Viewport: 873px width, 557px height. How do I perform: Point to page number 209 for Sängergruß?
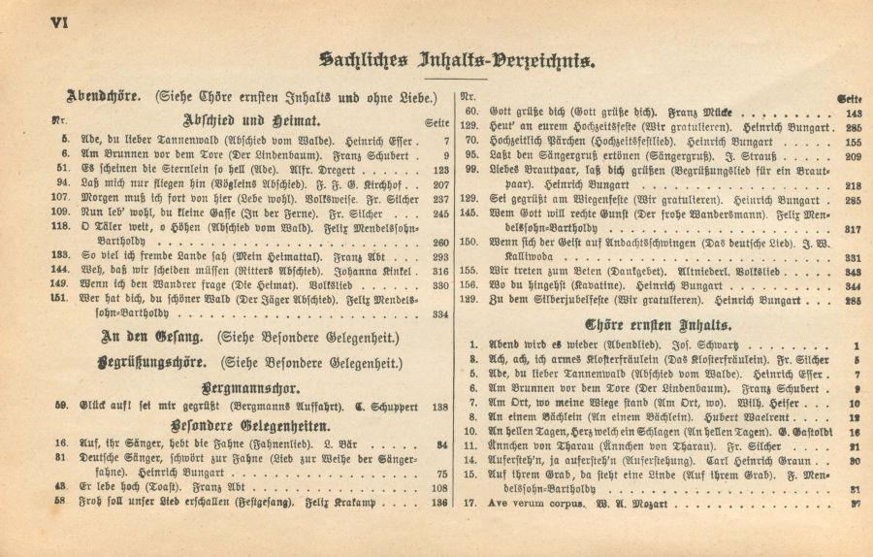click(853, 155)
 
